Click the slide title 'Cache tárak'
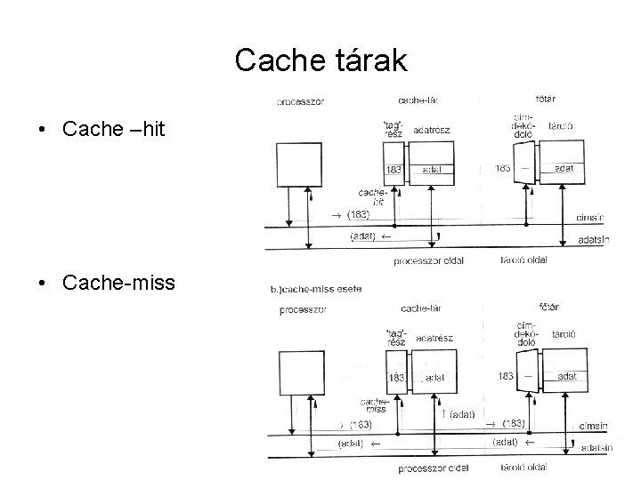coord(320,60)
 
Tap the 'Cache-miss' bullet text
coord(118,284)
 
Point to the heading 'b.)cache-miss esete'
coord(321,290)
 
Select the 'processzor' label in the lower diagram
coord(302,310)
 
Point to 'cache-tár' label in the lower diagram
coord(424,308)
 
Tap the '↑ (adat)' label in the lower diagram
coord(457,413)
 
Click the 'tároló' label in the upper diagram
coord(560,126)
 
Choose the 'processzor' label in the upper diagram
coord(301,101)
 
